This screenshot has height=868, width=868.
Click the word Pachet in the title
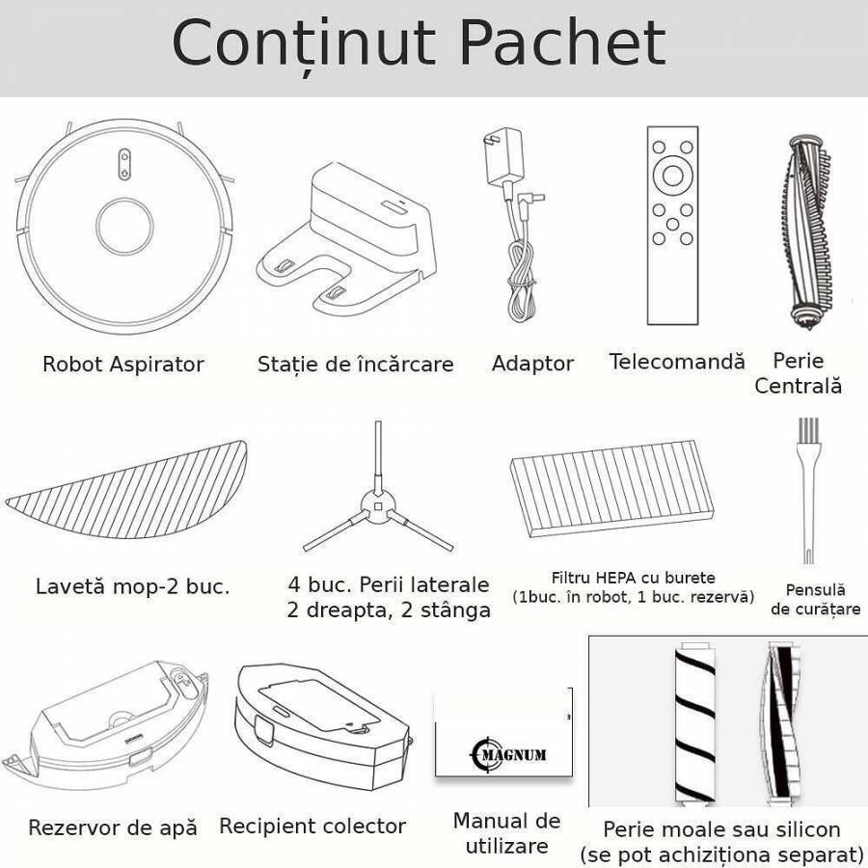click(x=562, y=43)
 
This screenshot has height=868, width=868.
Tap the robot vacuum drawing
click(x=124, y=226)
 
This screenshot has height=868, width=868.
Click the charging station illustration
click(x=346, y=239)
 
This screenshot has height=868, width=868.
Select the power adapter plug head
click(x=502, y=157)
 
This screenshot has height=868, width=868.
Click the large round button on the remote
click(x=672, y=176)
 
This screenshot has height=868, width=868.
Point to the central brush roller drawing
click(x=809, y=231)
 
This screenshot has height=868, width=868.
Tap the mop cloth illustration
click(x=126, y=491)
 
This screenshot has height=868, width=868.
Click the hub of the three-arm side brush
click(x=378, y=506)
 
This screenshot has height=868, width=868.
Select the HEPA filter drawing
click(x=611, y=488)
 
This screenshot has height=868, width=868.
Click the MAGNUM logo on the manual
click(x=508, y=754)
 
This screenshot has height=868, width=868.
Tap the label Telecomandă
click(x=677, y=362)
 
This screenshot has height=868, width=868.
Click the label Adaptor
click(x=532, y=364)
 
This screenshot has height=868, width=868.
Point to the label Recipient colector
click(x=312, y=826)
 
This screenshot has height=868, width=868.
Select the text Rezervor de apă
click(x=113, y=828)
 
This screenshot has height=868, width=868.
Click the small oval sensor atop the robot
click(x=124, y=164)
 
